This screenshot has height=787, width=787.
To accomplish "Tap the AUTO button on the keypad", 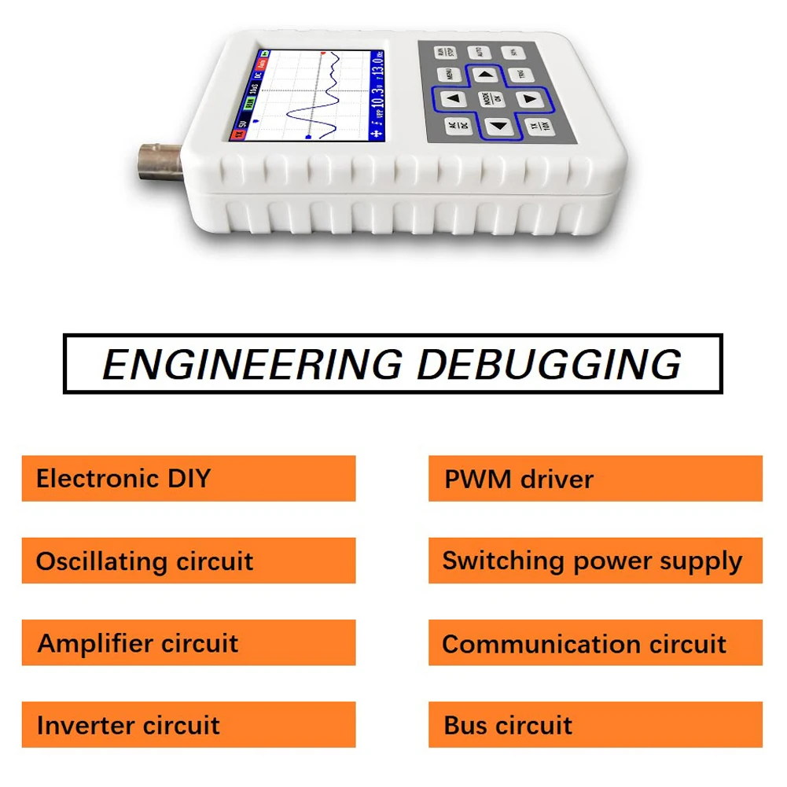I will point(479,53).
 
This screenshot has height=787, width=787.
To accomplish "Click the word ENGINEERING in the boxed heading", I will point(252,364).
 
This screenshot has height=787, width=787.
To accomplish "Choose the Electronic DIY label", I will point(123,478).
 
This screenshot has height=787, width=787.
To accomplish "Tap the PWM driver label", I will point(519,479).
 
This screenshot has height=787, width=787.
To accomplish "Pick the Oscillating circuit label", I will point(145,561).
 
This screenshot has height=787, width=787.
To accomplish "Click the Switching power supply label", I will point(592,561).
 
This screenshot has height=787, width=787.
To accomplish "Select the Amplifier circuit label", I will point(138,643).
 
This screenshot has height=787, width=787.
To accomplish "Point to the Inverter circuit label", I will point(128,725).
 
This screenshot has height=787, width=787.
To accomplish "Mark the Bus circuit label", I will point(508,725).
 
